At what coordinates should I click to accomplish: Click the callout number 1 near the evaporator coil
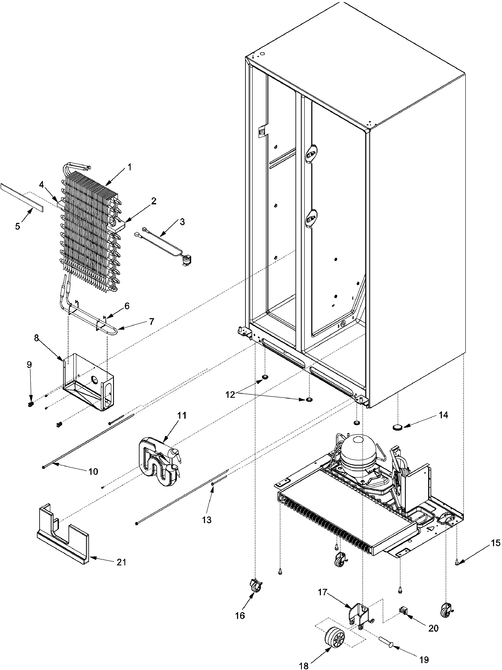pos(130,167)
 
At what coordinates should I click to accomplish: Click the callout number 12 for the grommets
pos(230,395)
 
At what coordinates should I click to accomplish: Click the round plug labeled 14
pos(398,427)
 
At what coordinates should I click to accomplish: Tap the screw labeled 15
pos(457,563)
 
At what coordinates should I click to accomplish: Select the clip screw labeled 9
pos(30,404)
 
